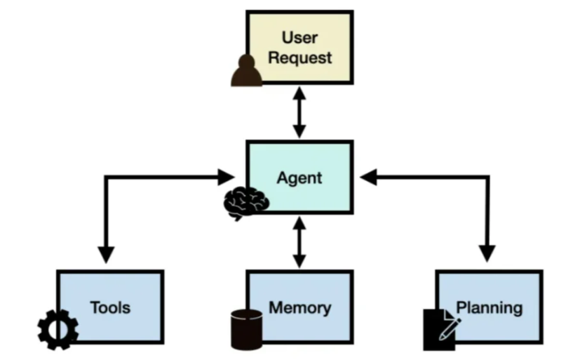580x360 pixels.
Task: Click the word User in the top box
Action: pos(299,37)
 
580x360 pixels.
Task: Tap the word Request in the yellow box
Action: pos(299,58)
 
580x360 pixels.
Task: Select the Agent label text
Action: pos(299,178)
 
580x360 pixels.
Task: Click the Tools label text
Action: pos(110,307)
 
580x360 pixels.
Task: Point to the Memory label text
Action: pos(299,307)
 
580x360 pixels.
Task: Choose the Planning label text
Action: pos(490,307)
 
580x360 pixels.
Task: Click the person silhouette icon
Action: pos(246,72)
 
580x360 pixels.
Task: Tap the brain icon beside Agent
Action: pos(245,202)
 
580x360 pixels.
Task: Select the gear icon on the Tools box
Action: pos(58,329)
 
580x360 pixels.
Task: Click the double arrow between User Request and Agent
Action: pos(299,112)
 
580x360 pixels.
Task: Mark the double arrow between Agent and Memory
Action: pos(299,242)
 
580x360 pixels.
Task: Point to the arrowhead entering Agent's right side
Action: pos(368,177)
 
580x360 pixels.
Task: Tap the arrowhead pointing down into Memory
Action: pos(299,260)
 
